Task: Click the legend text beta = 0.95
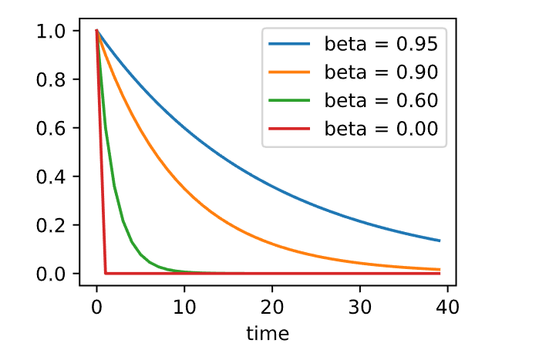click(381, 43)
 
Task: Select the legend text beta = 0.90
click(381, 72)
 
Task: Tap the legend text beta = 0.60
click(381, 101)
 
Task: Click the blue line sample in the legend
click(289, 43)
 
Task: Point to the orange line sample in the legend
click(289, 72)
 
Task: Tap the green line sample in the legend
click(289, 101)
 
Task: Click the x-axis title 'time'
click(268, 334)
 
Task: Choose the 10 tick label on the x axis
click(184, 307)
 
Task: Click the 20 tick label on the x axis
click(272, 307)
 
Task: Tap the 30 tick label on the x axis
click(360, 307)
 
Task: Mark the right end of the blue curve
click(440, 241)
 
